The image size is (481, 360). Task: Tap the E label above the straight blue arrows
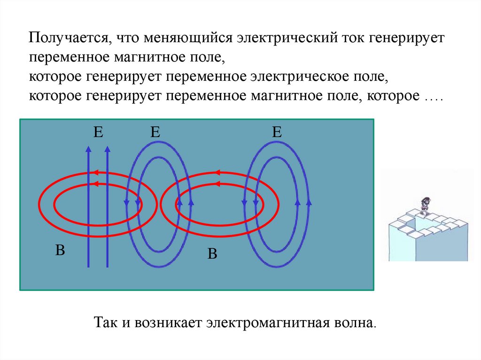coord(98,133)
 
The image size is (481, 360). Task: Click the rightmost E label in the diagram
coord(277,133)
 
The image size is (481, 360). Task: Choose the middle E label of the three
coord(155,133)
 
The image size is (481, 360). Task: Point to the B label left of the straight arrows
coord(60,250)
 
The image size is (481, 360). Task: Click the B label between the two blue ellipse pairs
coord(212,254)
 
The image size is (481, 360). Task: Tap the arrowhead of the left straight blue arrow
coord(88,149)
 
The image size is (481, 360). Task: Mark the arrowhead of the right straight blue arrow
coord(107,149)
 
